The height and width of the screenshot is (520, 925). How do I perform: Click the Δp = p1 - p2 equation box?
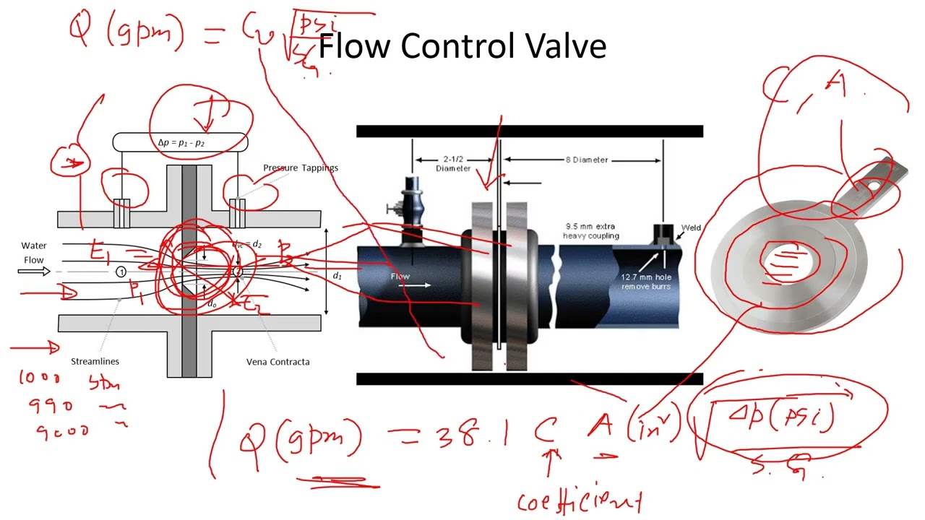(181, 142)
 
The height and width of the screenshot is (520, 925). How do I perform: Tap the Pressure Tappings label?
(301, 168)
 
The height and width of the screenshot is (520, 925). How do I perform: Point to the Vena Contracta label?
(278, 361)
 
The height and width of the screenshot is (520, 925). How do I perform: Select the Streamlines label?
(95, 361)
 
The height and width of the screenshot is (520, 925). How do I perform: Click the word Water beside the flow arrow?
(34, 246)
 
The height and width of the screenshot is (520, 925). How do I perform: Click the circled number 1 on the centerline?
(121, 272)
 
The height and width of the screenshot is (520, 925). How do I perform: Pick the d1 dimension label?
(337, 276)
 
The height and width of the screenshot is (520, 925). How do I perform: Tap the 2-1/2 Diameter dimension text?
(453, 164)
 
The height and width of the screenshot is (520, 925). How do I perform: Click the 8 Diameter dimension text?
(586, 160)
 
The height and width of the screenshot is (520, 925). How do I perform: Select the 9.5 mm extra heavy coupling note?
(592, 231)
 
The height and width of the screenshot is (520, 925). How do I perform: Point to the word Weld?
(691, 228)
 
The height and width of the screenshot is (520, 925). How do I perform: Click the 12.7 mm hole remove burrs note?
(646, 282)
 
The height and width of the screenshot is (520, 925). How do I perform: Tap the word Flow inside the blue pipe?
(400, 276)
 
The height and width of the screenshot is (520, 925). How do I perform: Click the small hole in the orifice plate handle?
(873, 186)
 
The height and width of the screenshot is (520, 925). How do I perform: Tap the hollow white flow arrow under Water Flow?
(34, 272)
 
